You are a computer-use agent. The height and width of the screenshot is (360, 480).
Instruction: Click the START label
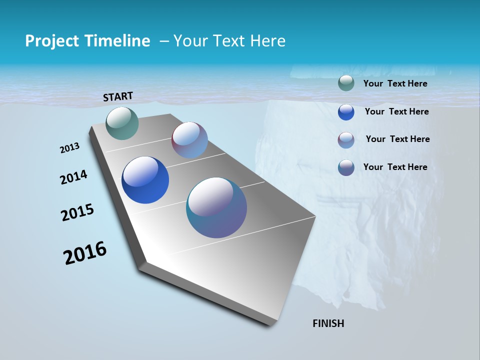(118, 96)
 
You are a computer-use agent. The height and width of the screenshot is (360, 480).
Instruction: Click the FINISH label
(328, 323)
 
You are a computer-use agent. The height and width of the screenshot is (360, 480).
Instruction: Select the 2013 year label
(69, 148)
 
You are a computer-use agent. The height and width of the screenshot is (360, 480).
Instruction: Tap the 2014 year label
(73, 177)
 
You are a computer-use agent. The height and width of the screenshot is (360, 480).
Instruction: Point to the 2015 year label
(77, 212)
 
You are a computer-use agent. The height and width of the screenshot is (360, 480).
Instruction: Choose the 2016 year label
(84, 253)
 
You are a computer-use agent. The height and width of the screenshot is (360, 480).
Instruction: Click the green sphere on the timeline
(122, 123)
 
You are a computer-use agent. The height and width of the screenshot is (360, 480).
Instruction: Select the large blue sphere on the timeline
(145, 180)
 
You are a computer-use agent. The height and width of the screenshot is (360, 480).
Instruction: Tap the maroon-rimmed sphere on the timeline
(189, 140)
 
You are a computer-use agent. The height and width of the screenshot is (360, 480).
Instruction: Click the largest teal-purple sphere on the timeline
(216, 207)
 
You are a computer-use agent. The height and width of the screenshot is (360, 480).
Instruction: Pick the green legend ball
(346, 83)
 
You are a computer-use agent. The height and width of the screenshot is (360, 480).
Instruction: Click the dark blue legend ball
(346, 112)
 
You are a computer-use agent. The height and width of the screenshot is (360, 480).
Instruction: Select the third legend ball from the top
(346, 140)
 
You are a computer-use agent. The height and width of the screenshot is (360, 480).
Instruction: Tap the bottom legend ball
(346, 167)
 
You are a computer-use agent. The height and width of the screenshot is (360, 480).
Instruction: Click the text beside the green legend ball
(395, 84)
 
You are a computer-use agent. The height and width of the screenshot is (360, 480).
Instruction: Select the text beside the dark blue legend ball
(396, 111)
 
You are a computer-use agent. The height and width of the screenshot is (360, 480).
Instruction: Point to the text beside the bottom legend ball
(395, 167)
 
